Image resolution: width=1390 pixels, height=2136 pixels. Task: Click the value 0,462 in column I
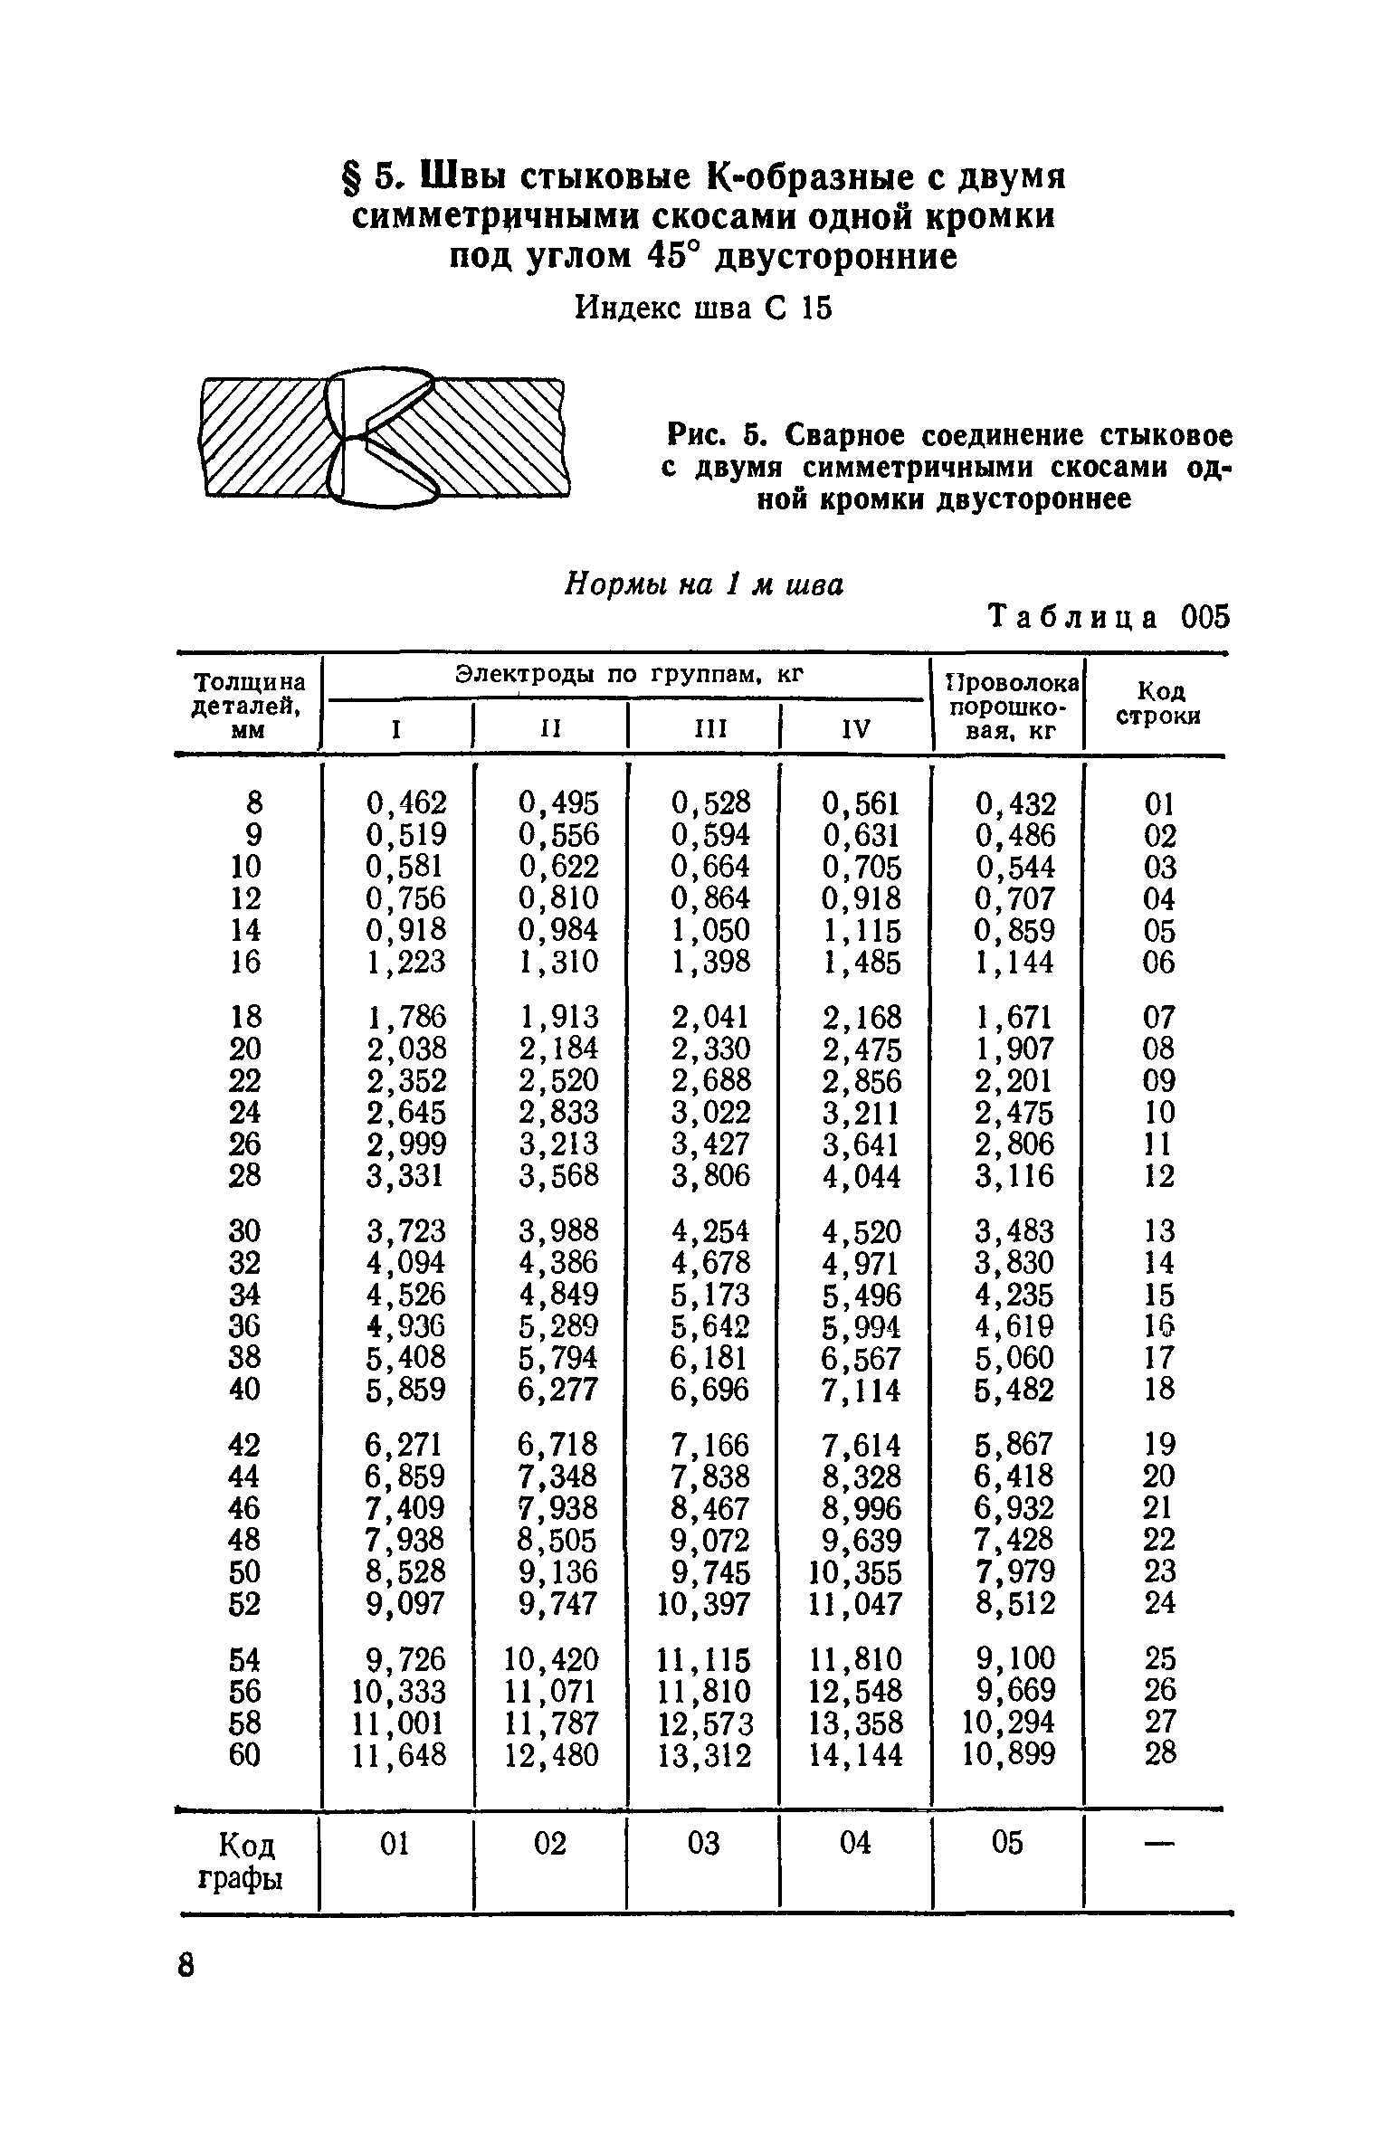[x=405, y=802]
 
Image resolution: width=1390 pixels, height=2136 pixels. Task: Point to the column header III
[x=703, y=729]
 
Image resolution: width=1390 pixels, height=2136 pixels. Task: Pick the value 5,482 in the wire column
[x=1014, y=1389]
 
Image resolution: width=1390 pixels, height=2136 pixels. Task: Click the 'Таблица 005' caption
[x=1110, y=617]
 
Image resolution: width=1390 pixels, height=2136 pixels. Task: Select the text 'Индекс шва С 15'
[x=703, y=309]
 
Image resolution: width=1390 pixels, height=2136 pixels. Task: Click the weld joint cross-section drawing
[x=385, y=437]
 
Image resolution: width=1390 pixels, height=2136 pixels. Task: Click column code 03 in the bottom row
[x=703, y=1843]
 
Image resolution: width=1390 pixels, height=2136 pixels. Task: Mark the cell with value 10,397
[x=703, y=1604]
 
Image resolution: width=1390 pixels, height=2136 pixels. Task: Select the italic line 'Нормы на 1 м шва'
[x=703, y=585]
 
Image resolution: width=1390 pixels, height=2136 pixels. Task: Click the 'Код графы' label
[x=241, y=1861]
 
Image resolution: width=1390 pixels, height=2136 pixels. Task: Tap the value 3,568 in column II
[x=557, y=1175]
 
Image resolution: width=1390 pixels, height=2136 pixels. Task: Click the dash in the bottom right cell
[x=1159, y=1844]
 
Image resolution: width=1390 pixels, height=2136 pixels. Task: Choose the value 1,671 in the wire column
[x=1014, y=1017]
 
